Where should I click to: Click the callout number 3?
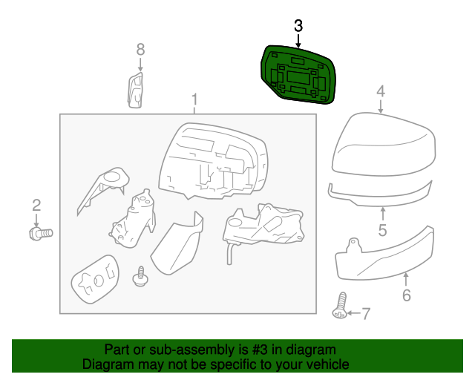298,26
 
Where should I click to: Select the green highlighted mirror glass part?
298,74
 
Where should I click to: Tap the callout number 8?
140,50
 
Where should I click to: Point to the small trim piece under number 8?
135,90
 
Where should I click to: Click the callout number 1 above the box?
194,99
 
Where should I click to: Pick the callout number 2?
36,206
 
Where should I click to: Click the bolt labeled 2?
41,234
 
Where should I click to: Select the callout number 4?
381,91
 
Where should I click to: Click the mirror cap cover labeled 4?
384,144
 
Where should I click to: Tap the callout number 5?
383,230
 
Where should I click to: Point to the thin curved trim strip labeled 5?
380,194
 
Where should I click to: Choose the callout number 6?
407,295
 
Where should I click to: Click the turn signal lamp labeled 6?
384,254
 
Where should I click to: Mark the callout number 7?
366,314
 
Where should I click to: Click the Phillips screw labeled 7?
341,306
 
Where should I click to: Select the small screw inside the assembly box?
140,276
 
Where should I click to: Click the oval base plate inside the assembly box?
96,279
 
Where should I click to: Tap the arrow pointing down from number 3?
298,41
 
